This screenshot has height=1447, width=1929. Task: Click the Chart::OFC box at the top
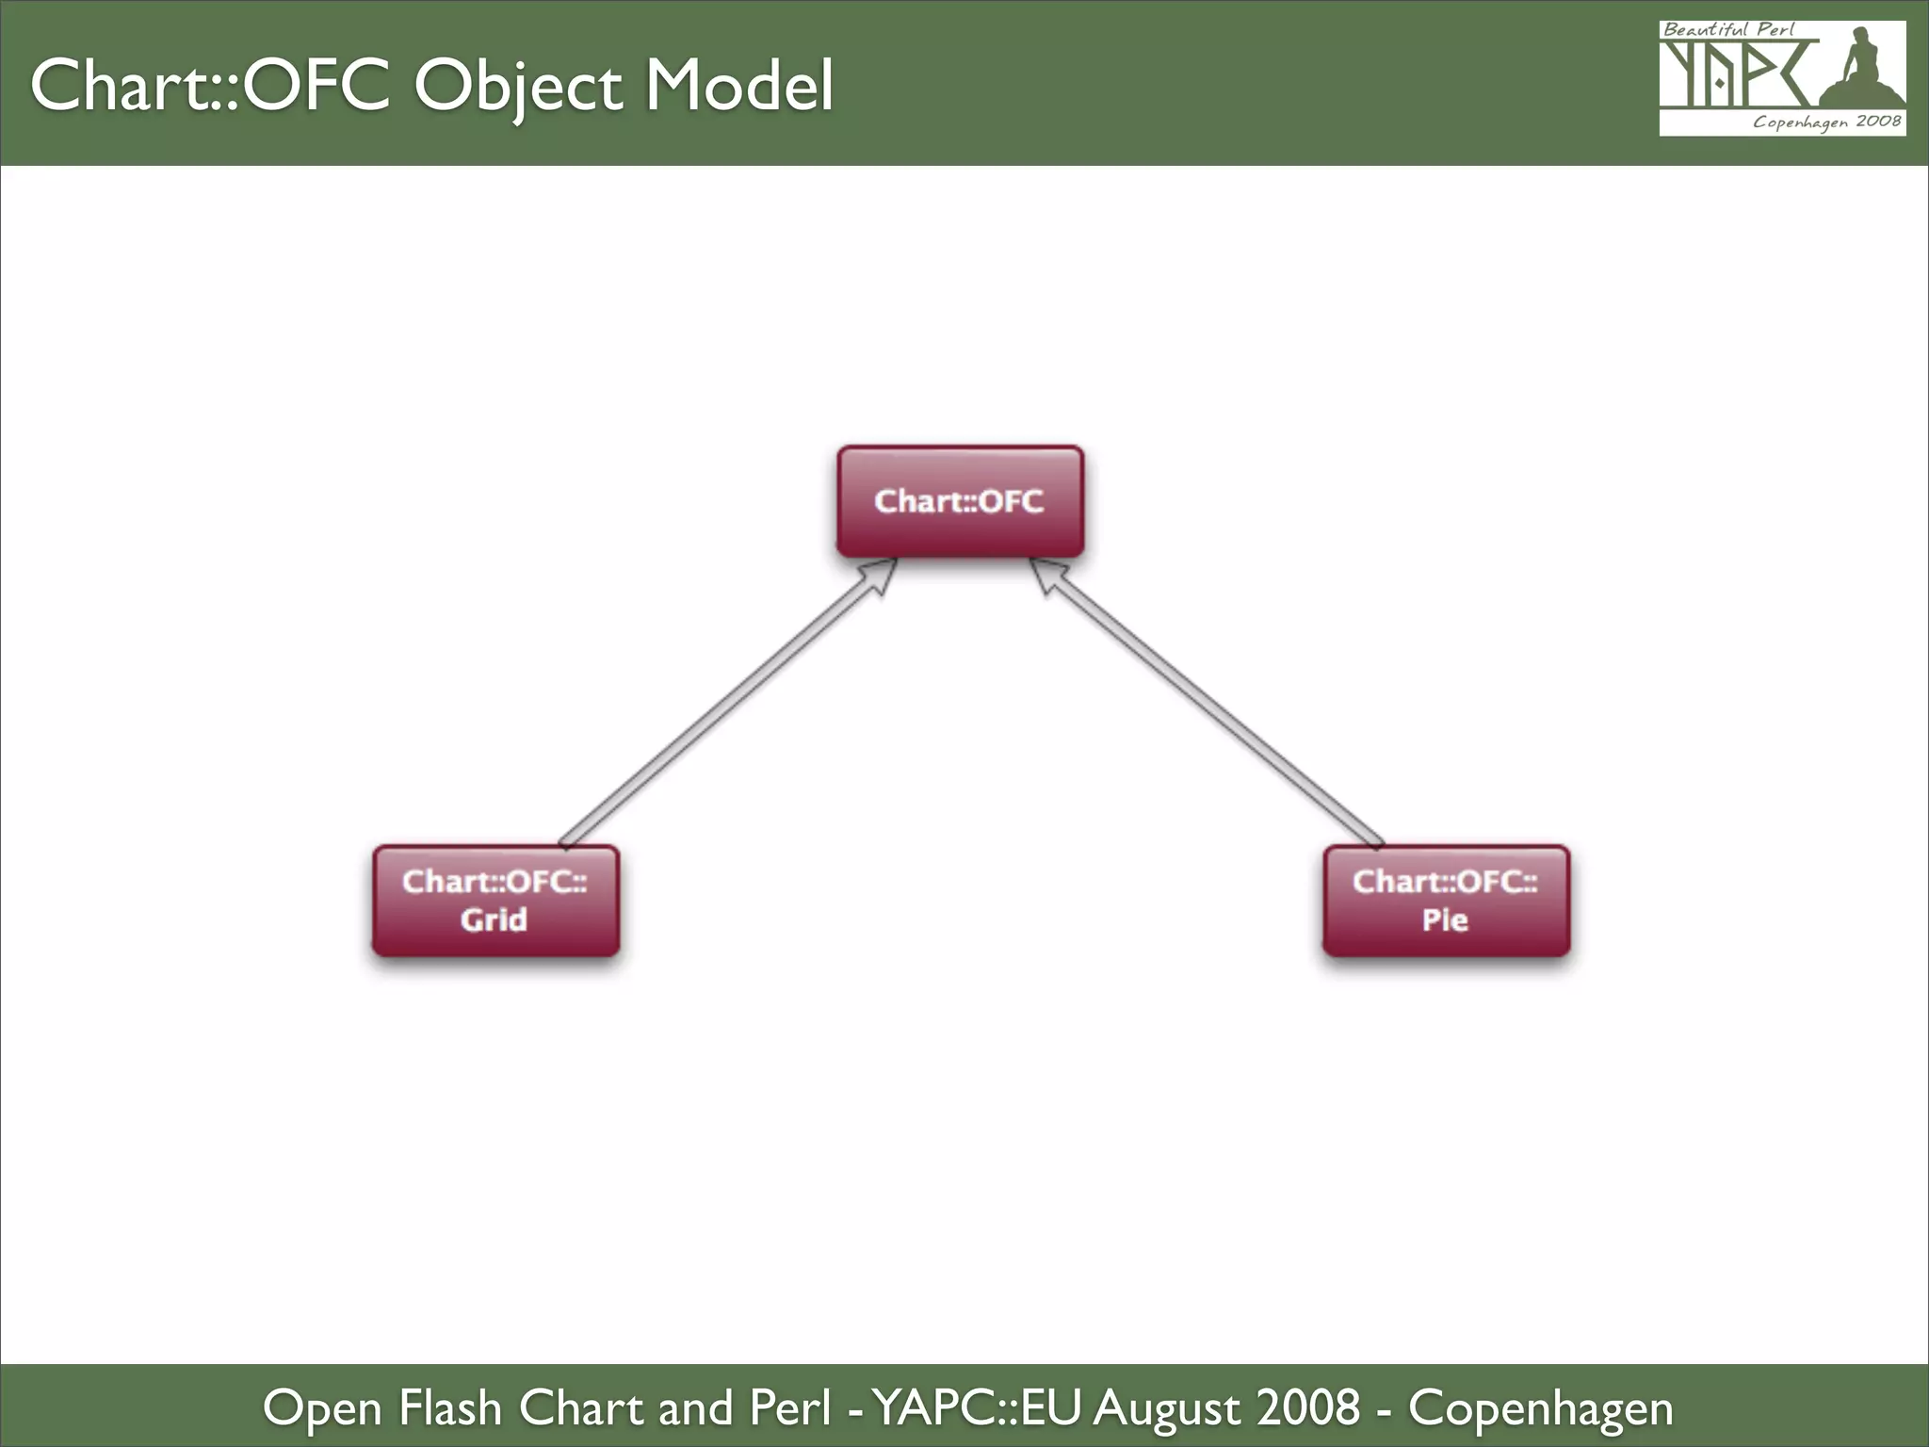click(x=960, y=501)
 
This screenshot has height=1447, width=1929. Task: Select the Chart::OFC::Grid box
click(x=495, y=901)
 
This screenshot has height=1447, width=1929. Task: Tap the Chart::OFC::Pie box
click(x=1446, y=901)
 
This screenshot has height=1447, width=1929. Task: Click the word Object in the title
click(x=519, y=87)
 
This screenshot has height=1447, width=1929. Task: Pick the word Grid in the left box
click(x=494, y=919)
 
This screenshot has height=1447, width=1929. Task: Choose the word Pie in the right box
click(x=1445, y=919)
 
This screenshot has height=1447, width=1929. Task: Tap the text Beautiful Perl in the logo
click(x=1728, y=30)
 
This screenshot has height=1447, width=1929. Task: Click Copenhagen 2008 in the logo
click(x=1826, y=122)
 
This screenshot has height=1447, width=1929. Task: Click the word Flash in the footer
click(x=450, y=1408)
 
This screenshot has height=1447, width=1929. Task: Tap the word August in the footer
click(x=1168, y=1408)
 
